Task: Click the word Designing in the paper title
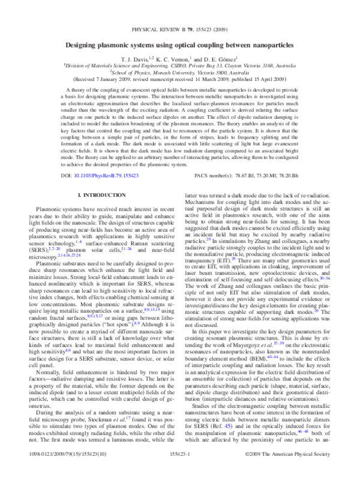(x=103, y=46)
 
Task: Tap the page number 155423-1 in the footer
(x=180, y=472)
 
